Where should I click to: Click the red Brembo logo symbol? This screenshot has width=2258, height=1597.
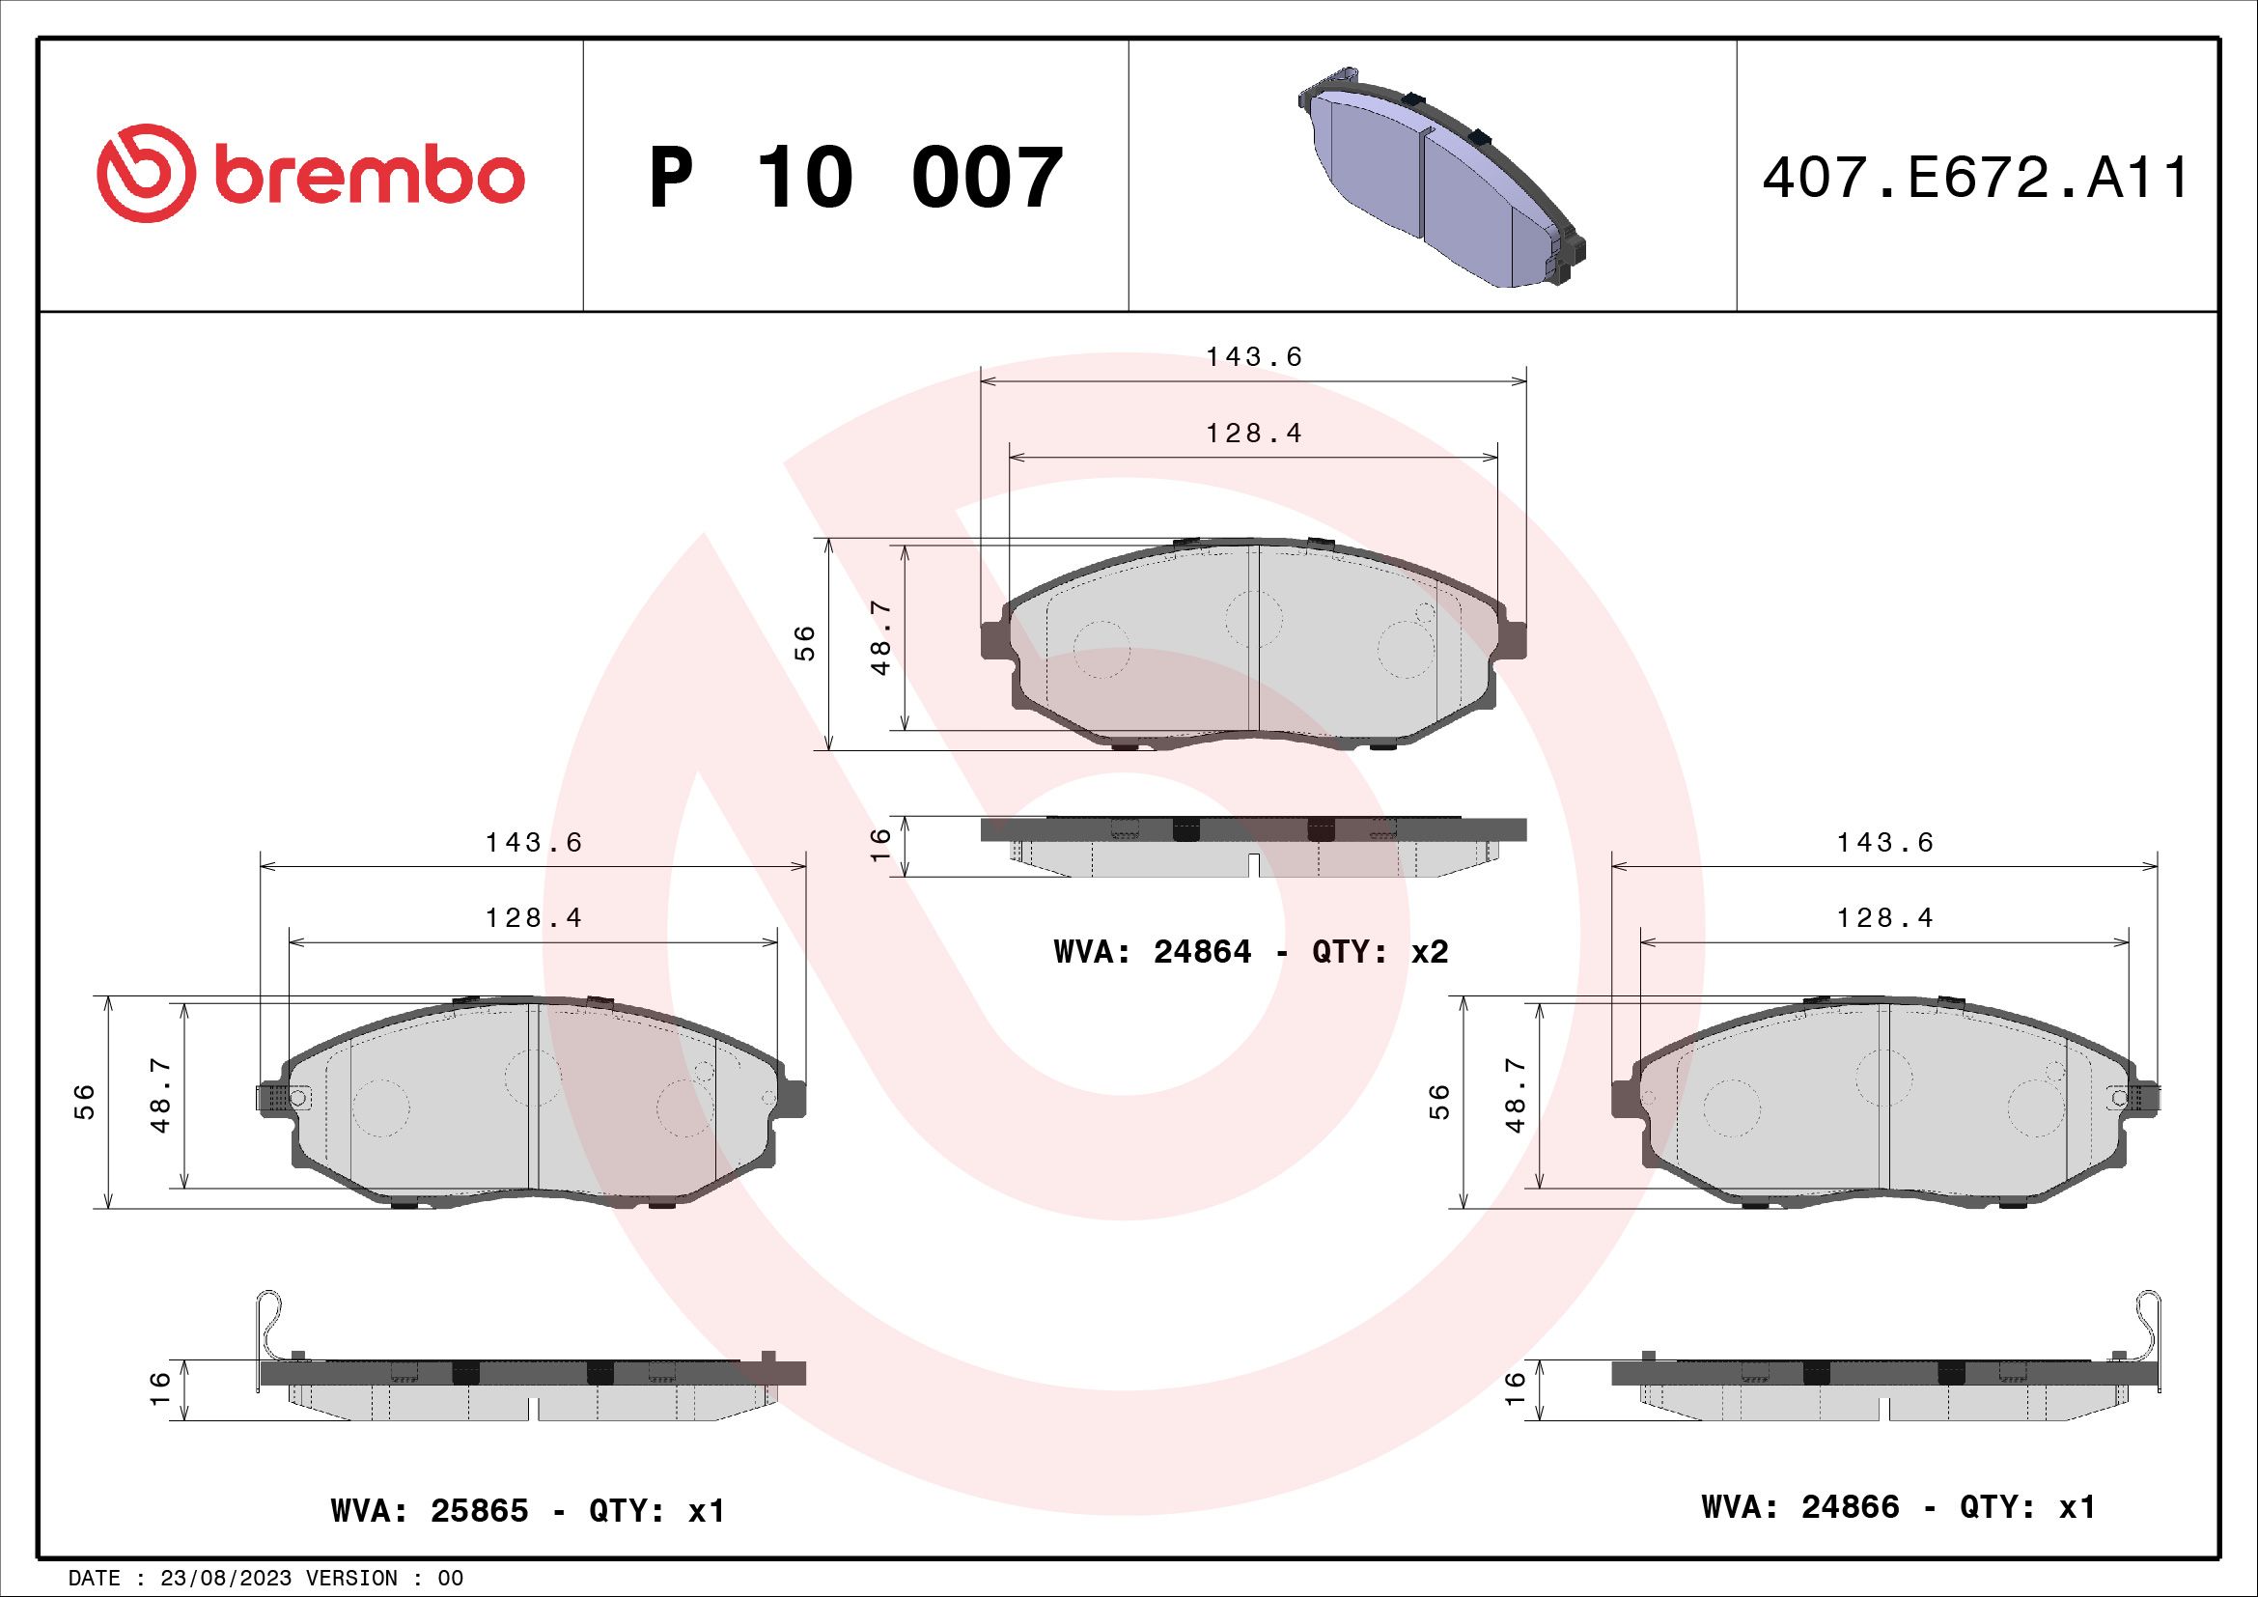(141, 173)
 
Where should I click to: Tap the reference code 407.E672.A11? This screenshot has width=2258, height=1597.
(1976, 178)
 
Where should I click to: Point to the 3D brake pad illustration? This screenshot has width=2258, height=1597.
(1442, 177)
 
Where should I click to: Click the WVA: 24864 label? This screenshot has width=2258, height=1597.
(1153, 952)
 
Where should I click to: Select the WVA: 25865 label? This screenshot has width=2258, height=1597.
(430, 1511)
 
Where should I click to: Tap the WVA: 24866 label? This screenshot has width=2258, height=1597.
(1800, 1507)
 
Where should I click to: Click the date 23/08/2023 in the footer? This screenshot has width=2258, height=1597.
(225, 1579)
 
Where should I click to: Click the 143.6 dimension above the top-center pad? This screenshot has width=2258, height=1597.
(1254, 357)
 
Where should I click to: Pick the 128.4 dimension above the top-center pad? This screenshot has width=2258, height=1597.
(1254, 434)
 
